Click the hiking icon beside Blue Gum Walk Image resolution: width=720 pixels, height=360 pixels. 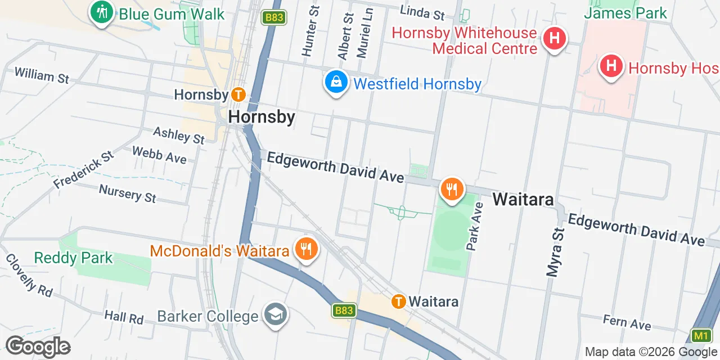102,12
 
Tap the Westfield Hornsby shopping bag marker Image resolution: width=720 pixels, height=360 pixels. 336,82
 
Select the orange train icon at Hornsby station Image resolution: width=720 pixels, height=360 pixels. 238,94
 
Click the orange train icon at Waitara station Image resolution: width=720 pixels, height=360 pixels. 399,301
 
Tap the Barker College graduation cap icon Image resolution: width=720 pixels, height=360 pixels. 276,315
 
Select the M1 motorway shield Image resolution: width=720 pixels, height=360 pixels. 700,336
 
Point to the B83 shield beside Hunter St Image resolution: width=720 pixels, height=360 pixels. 274,17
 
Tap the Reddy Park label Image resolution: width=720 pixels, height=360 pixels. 73,258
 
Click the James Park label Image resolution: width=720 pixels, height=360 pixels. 625,12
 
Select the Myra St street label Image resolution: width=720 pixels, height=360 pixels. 555,252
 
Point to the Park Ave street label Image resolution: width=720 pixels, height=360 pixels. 475,226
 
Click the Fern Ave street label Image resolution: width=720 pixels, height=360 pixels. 627,322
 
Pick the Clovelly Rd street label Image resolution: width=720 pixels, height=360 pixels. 29,275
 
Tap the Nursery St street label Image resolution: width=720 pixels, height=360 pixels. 128,193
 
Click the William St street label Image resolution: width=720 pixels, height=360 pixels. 42,75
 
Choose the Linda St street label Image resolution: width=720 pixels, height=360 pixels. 422,11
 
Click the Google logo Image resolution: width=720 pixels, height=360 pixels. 38,346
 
